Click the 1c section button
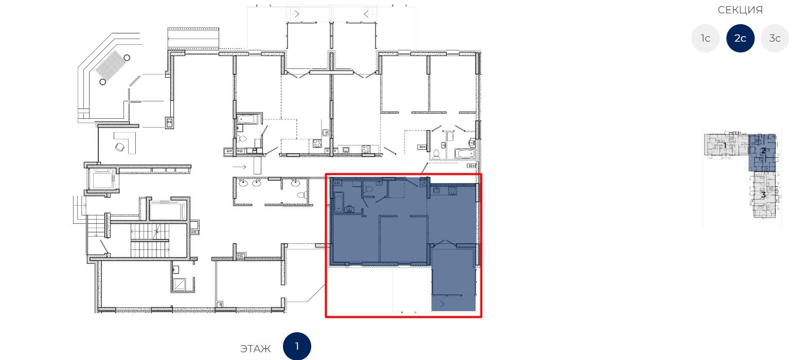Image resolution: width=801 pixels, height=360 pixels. click(705, 38)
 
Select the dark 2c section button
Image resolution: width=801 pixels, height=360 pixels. click(740, 38)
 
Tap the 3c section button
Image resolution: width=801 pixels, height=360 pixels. click(775, 38)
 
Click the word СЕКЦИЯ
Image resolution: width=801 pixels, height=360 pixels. click(740, 10)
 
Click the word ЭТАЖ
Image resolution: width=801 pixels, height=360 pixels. click(255, 349)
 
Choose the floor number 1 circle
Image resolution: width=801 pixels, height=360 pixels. click(297, 347)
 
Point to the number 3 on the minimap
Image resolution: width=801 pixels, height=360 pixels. click(763, 195)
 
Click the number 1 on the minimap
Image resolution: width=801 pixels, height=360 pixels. click(725, 146)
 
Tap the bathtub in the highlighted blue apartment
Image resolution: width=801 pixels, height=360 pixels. click(339, 203)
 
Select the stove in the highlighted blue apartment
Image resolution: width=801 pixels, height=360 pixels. click(452, 191)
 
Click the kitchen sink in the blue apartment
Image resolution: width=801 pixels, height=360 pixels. click(437, 190)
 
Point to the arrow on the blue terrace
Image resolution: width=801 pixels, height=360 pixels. click(442, 304)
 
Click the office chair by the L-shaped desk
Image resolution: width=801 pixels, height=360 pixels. click(119, 147)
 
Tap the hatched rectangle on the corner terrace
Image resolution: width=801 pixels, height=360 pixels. click(110, 65)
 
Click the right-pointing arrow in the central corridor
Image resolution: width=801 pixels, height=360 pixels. click(240, 167)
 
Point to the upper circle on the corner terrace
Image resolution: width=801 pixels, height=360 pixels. click(127, 58)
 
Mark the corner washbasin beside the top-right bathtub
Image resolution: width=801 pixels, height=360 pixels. click(472, 142)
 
